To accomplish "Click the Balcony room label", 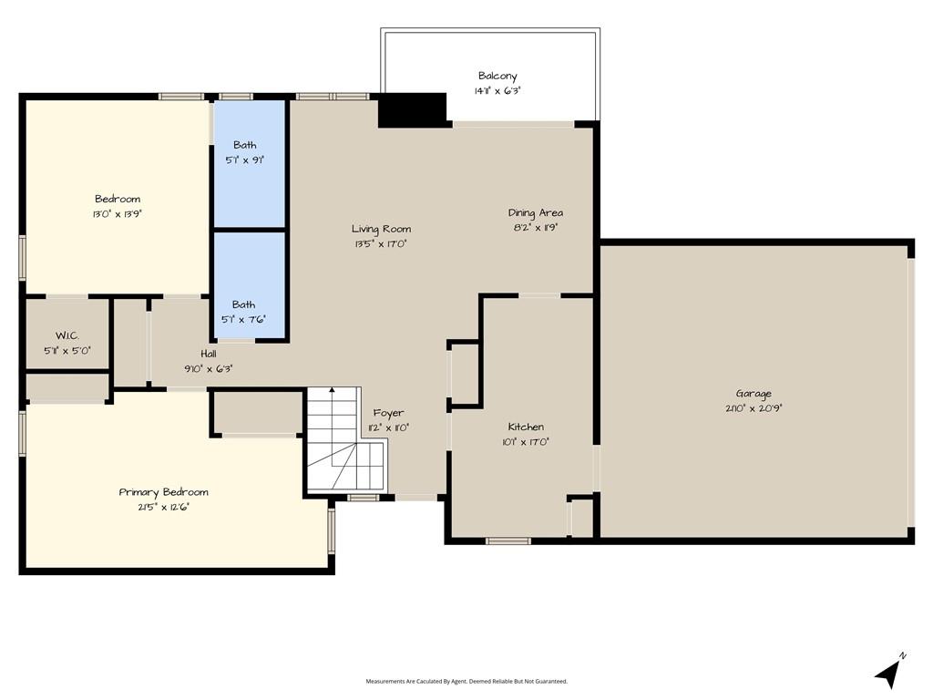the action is click(497, 77).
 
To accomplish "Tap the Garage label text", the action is click(754, 394).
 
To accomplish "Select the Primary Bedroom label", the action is click(164, 492).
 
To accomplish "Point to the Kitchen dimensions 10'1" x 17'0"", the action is click(526, 442).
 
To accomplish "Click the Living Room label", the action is click(381, 229).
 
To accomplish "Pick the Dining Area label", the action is click(535, 213).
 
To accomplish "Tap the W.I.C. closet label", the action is click(67, 335).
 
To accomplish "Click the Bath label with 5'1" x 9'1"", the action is click(244, 145).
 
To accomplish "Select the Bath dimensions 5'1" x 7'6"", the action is click(243, 320).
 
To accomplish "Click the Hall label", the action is click(209, 354).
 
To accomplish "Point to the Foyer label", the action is click(388, 413).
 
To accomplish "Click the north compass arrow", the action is click(888, 673).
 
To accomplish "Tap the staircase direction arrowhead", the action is click(332, 390).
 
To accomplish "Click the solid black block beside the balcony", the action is click(413, 110).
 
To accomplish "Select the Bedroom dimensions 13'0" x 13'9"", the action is click(118, 214).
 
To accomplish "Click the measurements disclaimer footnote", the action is click(466, 681).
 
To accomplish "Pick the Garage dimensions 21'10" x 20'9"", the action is click(754, 409).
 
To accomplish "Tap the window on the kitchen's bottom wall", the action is click(508, 541).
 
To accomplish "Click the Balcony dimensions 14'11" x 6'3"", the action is click(497, 91).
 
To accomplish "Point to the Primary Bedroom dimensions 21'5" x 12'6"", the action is click(164, 508).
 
